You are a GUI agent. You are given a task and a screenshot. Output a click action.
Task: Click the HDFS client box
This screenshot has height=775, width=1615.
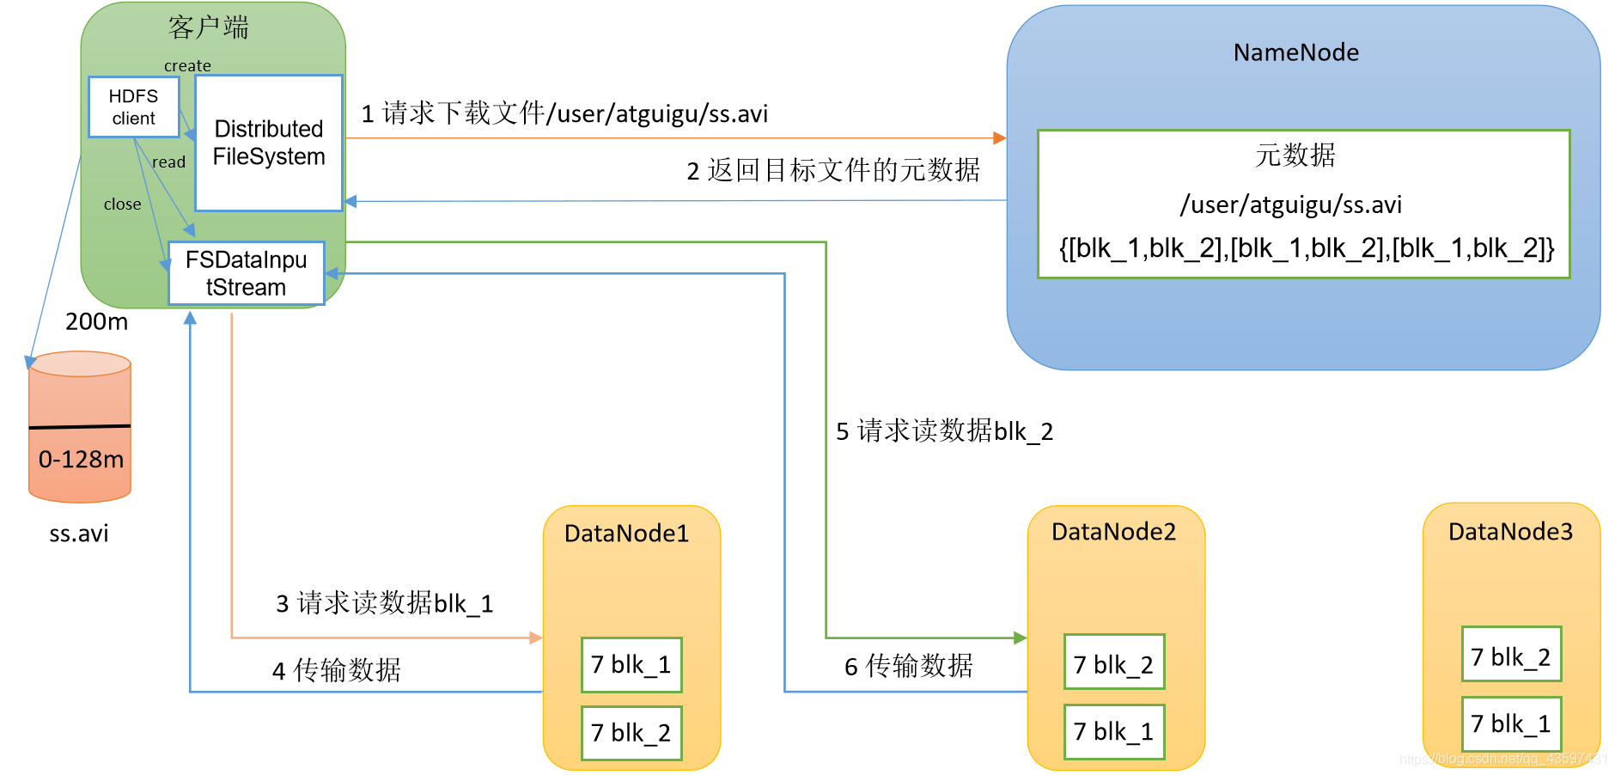pyautogui.click(x=133, y=107)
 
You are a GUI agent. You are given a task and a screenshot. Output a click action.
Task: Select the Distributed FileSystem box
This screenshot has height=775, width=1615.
pyautogui.click(x=268, y=143)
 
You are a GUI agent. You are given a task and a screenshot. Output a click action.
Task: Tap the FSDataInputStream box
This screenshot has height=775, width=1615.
pyautogui.click(x=246, y=273)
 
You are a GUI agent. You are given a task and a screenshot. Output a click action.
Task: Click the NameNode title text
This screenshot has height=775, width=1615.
pyautogui.click(x=1295, y=53)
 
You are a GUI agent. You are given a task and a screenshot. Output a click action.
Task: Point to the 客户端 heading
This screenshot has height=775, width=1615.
pyautogui.click(x=209, y=27)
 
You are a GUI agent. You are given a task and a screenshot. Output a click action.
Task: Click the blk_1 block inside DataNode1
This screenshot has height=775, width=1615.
pyautogui.click(x=631, y=664)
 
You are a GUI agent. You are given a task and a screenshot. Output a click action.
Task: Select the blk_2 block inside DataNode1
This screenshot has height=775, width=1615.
pyautogui.click(x=631, y=733)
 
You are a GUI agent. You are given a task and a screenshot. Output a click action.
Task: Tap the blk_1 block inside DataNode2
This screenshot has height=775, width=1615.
pyautogui.click(x=1114, y=731)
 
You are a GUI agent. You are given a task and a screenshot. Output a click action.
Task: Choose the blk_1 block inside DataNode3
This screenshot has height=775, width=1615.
pyautogui.click(x=1511, y=723)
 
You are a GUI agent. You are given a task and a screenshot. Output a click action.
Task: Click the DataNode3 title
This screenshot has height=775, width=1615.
pyautogui.click(x=1510, y=532)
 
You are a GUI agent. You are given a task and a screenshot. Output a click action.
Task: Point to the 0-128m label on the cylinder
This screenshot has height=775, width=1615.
pyautogui.click(x=81, y=460)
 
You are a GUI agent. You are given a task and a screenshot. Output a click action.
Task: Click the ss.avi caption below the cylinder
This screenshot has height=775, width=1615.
pyautogui.click(x=79, y=534)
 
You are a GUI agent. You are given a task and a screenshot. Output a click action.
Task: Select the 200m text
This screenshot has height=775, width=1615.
pyautogui.click(x=96, y=322)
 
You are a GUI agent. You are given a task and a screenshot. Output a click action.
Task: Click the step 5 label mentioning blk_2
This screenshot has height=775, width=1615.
pyautogui.click(x=944, y=431)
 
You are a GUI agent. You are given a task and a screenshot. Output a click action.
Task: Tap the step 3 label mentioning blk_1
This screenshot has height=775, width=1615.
pyautogui.click(x=384, y=603)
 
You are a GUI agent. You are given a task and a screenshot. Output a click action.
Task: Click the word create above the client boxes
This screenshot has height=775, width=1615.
pyautogui.click(x=187, y=66)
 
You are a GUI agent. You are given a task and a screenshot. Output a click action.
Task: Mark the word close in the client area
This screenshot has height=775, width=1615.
pyautogui.click(x=122, y=204)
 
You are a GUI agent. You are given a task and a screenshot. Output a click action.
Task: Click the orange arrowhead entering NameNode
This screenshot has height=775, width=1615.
pyautogui.click(x=999, y=137)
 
